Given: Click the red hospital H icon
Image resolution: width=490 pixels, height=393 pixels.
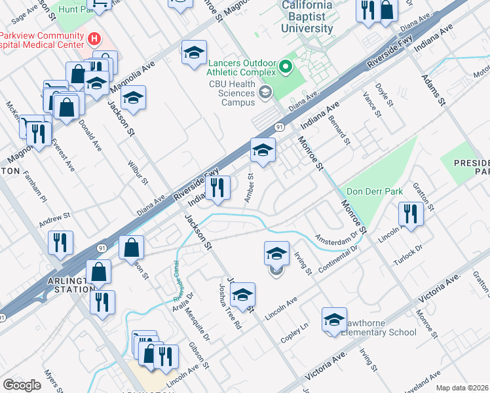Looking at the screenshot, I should pos(95,39).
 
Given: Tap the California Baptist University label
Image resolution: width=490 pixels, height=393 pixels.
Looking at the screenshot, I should pos(307,18).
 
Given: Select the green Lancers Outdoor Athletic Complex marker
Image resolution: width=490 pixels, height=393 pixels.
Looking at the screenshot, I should pos(286,66).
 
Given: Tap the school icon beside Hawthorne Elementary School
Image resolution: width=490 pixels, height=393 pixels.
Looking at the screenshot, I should pos(334,320).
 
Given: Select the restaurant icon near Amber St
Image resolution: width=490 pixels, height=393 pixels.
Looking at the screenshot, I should pos(217,188).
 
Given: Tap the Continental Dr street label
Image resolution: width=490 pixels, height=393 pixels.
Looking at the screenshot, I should pos(339,260).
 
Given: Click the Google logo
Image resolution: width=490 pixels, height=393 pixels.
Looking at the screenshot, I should pos(22,385).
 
